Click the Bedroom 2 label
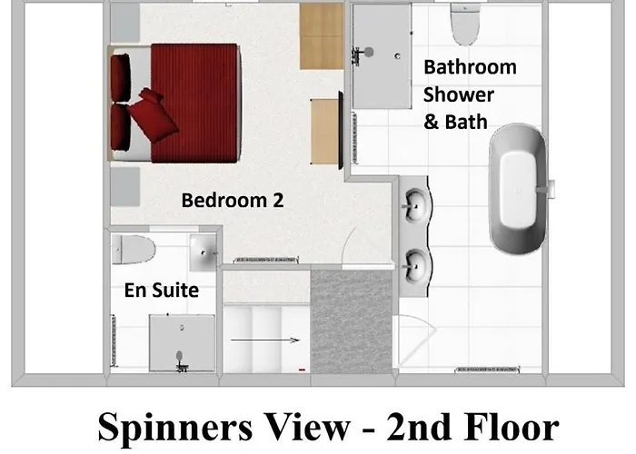coord(233,200)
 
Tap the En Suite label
coord(162,291)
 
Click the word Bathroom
coord(470,67)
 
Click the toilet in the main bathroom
coord(465,27)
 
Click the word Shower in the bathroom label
coord(458,94)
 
